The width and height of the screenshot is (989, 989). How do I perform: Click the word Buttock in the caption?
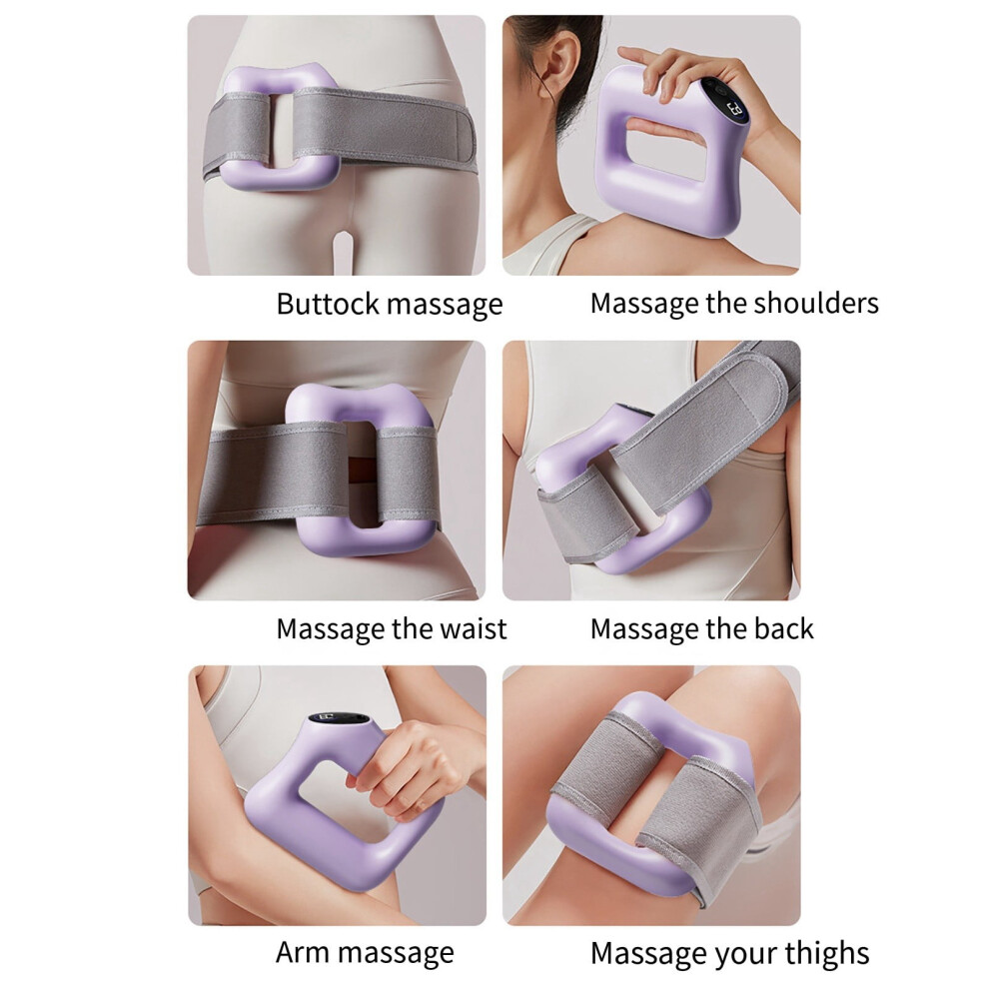pos(328,304)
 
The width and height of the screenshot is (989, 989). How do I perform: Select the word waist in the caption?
pos(474,628)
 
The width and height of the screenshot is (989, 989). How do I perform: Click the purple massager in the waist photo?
pos(363,470)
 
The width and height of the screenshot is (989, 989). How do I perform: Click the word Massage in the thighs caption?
pos(644,954)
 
